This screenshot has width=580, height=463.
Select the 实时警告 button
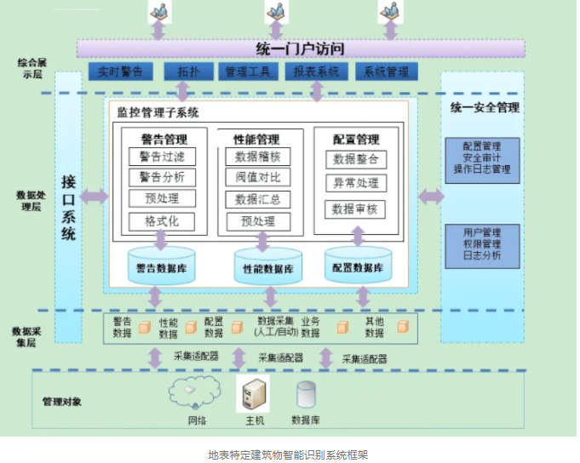[x=121, y=72]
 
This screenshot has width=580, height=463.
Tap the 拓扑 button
[x=183, y=72]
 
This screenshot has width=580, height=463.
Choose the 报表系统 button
[x=316, y=72]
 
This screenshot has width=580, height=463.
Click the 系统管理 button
[x=386, y=72]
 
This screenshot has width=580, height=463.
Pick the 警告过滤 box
[x=162, y=156]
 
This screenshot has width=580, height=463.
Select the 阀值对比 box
[x=258, y=177]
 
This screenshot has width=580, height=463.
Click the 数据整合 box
[x=355, y=159]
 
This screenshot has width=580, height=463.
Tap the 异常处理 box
[x=355, y=183]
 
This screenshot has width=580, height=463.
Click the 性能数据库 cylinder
[x=269, y=266]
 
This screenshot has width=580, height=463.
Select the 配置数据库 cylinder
[x=358, y=265]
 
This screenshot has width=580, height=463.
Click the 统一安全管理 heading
[x=484, y=108]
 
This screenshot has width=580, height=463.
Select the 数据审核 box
[x=355, y=209]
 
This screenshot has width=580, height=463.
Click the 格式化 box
[x=162, y=221]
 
